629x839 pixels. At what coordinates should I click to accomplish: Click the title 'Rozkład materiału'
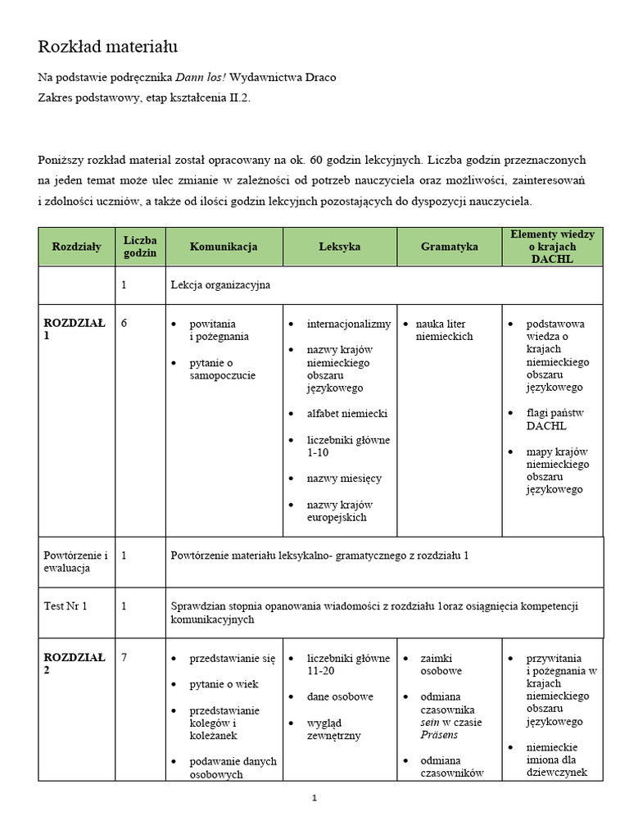(107, 47)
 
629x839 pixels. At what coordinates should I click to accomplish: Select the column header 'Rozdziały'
(77, 247)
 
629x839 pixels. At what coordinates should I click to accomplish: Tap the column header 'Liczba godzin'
(140, 247)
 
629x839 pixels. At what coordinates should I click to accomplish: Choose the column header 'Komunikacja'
(224, 247)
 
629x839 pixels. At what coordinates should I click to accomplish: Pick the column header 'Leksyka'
(340, 247)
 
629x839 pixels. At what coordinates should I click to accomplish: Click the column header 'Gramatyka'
(449, 247)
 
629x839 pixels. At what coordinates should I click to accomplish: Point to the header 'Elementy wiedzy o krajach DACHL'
(552, 247)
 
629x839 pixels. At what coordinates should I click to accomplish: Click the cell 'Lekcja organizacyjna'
(220, 285)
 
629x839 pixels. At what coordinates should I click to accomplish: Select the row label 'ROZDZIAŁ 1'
(74, 329)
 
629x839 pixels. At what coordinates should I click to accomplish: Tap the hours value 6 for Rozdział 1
(124, 324)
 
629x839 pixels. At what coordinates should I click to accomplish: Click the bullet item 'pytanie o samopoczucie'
(222, 370)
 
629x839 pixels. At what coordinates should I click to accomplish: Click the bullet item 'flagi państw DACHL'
(555, 419)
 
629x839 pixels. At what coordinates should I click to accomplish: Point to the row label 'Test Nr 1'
(66, 606)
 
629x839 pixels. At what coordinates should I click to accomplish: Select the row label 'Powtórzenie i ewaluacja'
(75, 561)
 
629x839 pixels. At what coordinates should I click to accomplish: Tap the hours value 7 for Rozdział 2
(124, 657)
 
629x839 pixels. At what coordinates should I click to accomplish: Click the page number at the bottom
(314, 800)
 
